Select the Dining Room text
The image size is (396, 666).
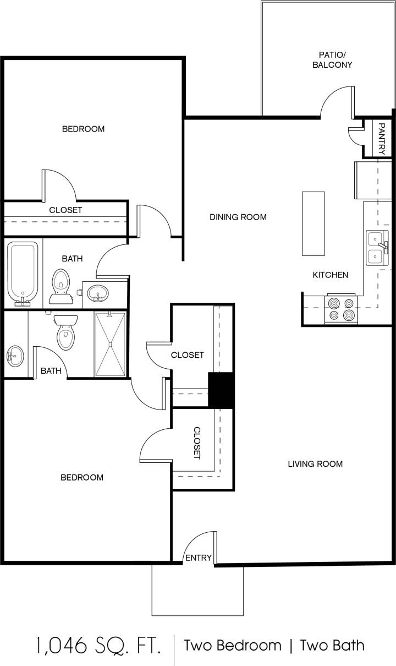click(x=238, y=217)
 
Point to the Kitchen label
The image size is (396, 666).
click(x=330, y=275)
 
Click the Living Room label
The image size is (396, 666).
click(x=315, y=463)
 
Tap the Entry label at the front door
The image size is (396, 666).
click(x=198, y=558)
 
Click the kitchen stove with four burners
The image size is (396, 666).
click(x=341, y=309)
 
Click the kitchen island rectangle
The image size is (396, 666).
click(x=313, y=223)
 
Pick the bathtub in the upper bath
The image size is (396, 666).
click(x=23, y=272)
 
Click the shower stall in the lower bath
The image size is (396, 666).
click(x=110, y=344)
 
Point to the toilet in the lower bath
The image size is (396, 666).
click(x=65, y=332)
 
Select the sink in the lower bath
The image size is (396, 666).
click(x=15, y=356)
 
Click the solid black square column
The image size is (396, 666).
click(x=221, y=390)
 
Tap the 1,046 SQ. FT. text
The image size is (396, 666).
click(x=98, y=645)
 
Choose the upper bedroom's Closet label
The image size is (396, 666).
click(x=65, y=210)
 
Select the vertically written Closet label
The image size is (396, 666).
click(x=197, y=443)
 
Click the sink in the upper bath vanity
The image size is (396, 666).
click(x=98, y=293)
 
